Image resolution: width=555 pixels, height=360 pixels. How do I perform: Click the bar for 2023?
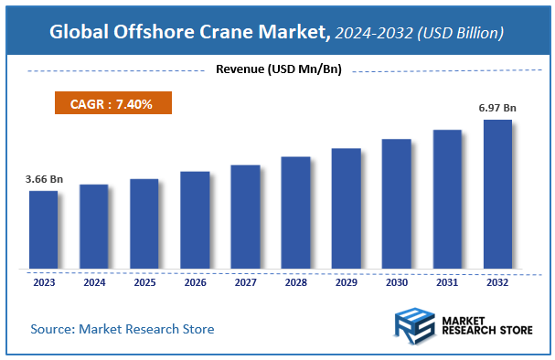[44, 230]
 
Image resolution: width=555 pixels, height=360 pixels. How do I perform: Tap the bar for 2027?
[245, 217]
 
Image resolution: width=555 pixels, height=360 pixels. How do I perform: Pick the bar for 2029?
[346, 208]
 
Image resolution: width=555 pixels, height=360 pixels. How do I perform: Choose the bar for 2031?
[446, 199]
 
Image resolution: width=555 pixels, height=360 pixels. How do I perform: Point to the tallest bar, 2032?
[497, 195]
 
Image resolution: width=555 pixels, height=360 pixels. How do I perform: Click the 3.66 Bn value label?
[44, 179]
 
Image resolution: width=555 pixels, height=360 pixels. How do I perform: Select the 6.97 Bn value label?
[497, 108]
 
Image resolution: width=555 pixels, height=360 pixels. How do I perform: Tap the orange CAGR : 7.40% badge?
[114, 103]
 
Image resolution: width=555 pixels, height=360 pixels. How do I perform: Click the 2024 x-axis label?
[94, 282]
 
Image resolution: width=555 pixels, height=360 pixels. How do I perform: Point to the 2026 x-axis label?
[195, 282]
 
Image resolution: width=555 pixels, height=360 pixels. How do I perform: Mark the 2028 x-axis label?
[295, 282]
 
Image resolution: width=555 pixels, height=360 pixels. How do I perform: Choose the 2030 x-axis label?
[396, 282]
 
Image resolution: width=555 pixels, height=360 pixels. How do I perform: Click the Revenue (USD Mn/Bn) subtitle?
[278, 70]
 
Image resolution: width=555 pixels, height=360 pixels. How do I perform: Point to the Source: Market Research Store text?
[123, 328]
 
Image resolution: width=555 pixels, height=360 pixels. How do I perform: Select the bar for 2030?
[396, 204]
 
